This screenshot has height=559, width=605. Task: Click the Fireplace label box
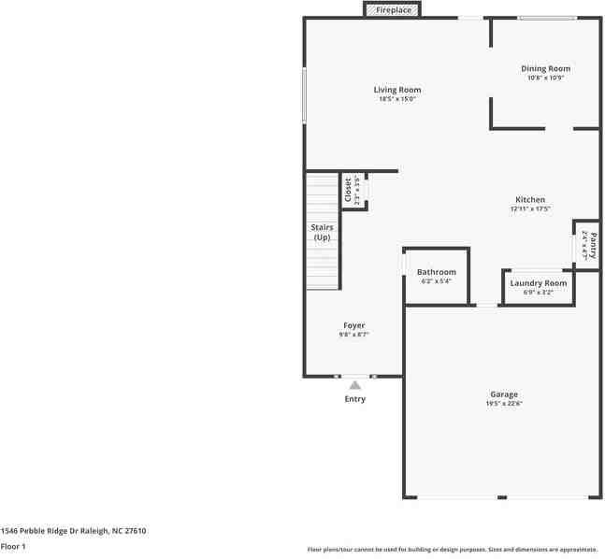(x=392, y=10)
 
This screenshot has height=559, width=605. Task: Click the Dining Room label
(x=545, y=68)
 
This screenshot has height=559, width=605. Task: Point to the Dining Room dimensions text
(x=545, y=78)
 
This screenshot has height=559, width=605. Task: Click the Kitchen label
(x=530, y=200)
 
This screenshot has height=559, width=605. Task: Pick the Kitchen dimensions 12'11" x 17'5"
(x=530, y=209)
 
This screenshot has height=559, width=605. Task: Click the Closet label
(x=348, y=191)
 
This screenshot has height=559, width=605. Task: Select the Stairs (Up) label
(x=322, y=232)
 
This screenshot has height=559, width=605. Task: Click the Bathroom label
(x=437, y=272)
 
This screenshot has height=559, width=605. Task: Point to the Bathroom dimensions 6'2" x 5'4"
(x=437, y=280)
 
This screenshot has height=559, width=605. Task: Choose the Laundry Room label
(x=539, y=283)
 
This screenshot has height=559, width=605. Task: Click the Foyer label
(x=354, y=325)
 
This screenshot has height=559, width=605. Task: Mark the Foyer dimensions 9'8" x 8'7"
(x=354, y=334)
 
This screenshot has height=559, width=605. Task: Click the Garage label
(x=504, y=394)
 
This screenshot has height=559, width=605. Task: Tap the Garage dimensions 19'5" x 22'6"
(x=504, y=404)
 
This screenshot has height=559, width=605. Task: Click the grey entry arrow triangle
(x=354, y=384)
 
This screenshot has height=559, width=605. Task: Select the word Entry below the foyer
(x=354, y=399)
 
